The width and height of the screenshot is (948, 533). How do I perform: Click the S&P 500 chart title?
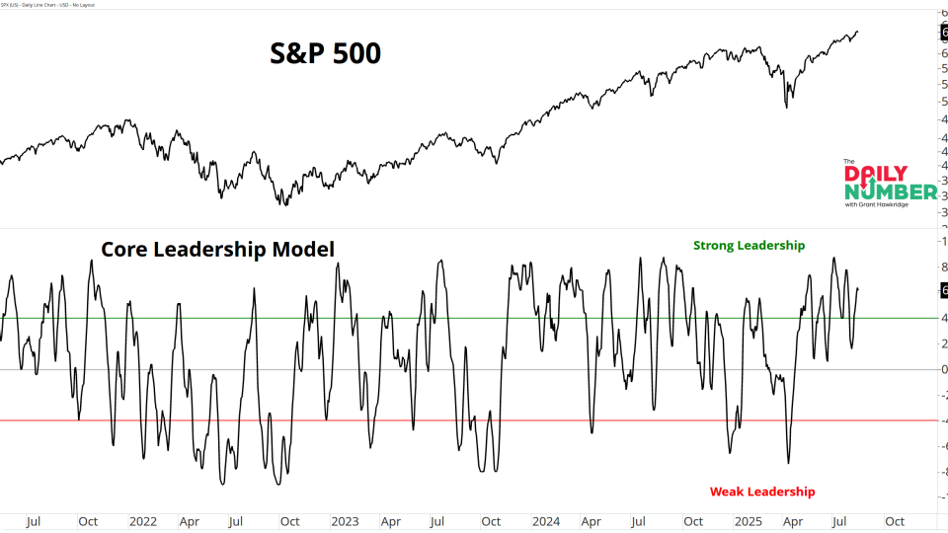pyautogui.click(x=326, y=53)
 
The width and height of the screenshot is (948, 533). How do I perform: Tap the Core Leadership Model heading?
pyautogui.click(x=218, y=250)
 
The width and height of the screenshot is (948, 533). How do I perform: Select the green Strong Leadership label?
pyautogui.click(x=749, y=245)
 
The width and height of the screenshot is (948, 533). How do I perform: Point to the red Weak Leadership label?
pyautogui.click(x=762, y=492)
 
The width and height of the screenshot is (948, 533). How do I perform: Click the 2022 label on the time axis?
pyautogui.click(x=143, y=520)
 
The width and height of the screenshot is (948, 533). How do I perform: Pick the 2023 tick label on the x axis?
pyautogui.click(x=345, y=520)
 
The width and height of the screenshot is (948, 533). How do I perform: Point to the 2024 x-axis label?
pyautogui.click(x=545, y=520)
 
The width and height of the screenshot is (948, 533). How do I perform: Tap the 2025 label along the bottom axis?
pyautogui.click(x=747, y=520)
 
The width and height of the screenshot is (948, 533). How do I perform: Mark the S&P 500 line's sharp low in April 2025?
pyautogui.click(x=786, y=107)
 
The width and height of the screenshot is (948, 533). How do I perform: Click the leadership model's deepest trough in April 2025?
pyautogui.click(x=788, y=463)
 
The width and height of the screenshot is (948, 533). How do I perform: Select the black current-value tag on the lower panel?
pyautogui.click(x=943, y=290)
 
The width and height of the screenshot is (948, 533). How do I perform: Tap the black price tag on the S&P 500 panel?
pyautogui.click(x=943, y=32)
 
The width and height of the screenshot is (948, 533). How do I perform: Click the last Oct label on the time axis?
pyautogui.click(x=894, y=520)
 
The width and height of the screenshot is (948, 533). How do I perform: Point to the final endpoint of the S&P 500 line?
pyautogui.click(x=857, y=32)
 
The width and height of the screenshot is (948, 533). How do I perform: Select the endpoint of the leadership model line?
pyautogui.click(x=857, y=289)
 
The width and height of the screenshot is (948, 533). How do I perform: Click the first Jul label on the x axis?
pyautogui.click(x=35, y=520)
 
